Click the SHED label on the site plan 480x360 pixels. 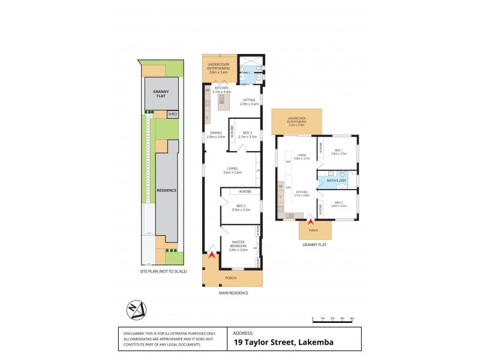click(x=173, y=114)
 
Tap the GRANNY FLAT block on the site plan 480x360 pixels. click(x=160, y=94)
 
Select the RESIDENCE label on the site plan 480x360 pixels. click(x=167, y=190)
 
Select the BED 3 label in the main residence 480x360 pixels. click(x=248, y=135)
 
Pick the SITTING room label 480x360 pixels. click(x=248, y=102)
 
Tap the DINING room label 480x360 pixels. click(x=215, y=135)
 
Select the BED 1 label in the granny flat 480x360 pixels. click(x=339, y=152)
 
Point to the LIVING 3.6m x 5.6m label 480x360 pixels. click(x=232, y=170)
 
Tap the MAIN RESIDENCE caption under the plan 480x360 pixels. click(x=233, y=293)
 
